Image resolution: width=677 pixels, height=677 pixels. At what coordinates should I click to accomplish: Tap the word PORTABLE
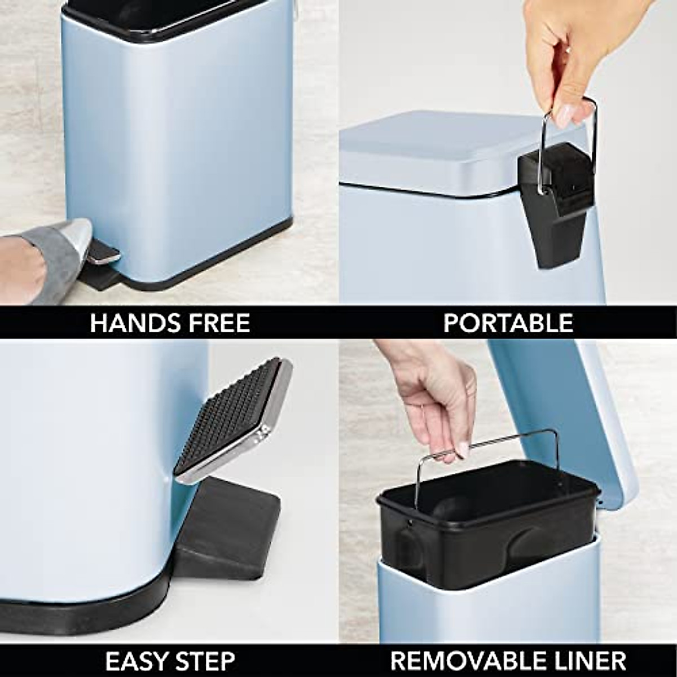508,323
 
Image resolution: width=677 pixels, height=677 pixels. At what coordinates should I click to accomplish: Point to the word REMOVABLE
463,660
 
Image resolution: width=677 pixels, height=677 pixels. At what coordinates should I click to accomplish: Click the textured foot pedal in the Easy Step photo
231,417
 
